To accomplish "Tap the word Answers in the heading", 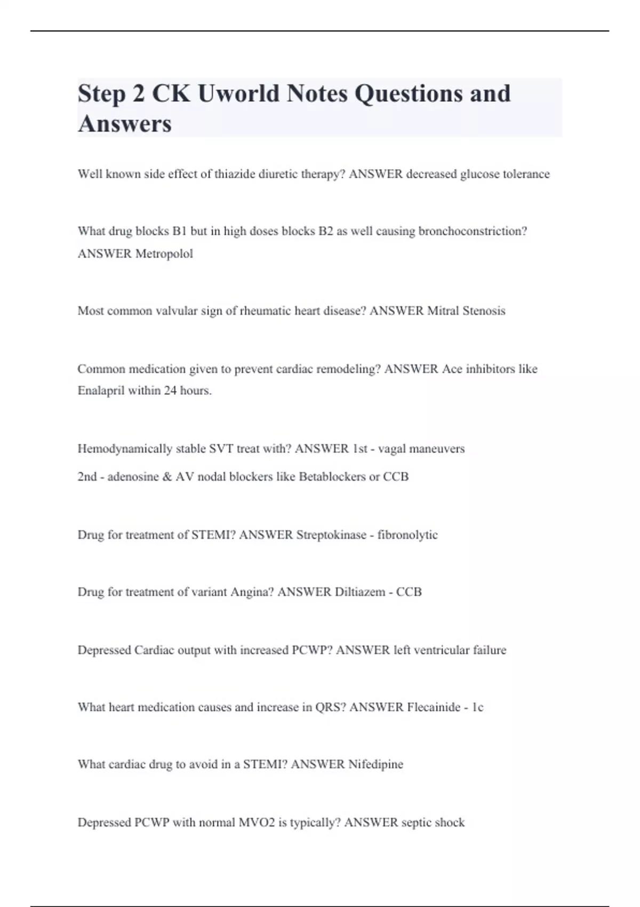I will (125, 124).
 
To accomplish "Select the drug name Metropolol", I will (164, 254).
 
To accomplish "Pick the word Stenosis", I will (483, 311).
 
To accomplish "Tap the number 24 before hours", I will (170, 391).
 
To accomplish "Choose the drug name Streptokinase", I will (331, 535).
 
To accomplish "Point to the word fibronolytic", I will (407, 535).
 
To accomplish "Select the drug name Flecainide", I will (433, 707).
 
